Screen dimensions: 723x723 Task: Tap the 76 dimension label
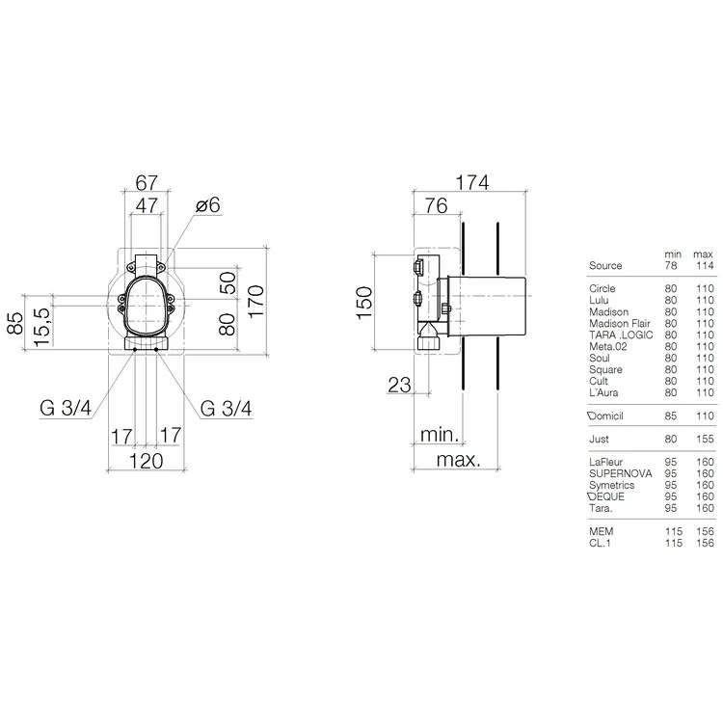[435, 204]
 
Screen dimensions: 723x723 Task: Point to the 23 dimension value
[398, 385]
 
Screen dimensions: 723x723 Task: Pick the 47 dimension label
[147, 205]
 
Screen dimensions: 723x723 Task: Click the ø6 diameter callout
[208, 205]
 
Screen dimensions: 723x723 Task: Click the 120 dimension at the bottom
[147, 461]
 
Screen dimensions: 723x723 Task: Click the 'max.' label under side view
[458, 460]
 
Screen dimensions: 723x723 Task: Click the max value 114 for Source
[704, 265]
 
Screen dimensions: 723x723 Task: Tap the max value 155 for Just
[704, 439]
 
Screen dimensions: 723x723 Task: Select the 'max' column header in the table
[704, 253]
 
